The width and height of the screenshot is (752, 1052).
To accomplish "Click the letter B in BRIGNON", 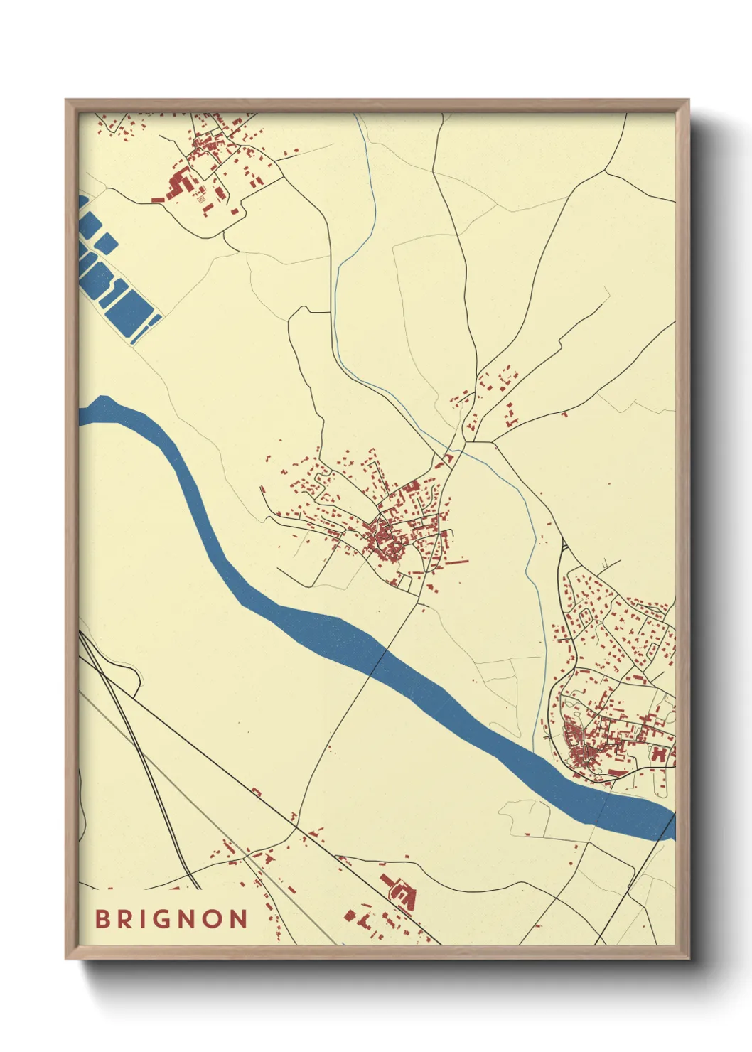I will pos(103,918).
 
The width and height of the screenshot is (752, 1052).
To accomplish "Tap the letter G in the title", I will pos(161,918).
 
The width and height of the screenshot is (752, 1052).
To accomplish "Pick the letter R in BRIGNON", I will pos(124,918).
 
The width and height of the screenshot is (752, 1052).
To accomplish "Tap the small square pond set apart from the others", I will pos(107,244).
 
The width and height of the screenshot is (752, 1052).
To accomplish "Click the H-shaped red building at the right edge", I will pos(660,753).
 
